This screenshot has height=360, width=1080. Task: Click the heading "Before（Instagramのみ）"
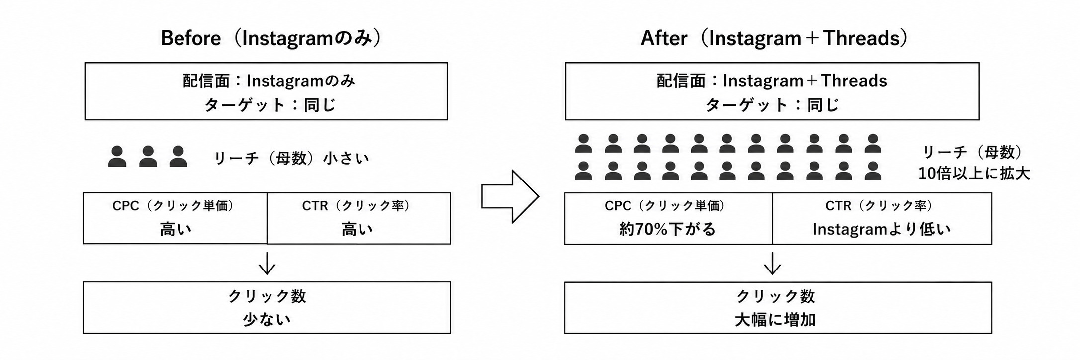[x=271, y=38]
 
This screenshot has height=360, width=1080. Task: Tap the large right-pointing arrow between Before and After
[x=510, y=196]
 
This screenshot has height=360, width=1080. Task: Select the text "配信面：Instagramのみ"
[x=269, y=81]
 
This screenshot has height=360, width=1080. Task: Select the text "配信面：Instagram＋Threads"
[x=772, y=81]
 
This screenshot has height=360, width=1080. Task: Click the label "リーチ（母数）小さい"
[x=291, y=158]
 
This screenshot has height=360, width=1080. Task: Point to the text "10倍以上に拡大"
[x=974, y=173]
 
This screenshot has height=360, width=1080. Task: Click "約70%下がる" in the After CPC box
[x=667, y=229]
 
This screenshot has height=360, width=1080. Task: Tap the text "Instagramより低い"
[x=882, y=229]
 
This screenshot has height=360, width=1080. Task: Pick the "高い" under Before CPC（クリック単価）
[x=176, y=229]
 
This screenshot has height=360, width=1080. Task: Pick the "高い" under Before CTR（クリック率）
[x=357, y=229]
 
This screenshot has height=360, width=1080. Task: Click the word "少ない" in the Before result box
[x=267, y=319]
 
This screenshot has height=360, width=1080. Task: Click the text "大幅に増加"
[x=776, y=319]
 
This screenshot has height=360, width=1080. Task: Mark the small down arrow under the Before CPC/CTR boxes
[x=267, y=264]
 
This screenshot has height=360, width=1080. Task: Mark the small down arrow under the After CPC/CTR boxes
[x=772, y=264]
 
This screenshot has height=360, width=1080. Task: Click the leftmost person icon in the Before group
[x=117, y=156]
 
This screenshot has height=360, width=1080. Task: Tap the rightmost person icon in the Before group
[x=178, y=156]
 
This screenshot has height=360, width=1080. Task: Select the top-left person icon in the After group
[x=583, y=143]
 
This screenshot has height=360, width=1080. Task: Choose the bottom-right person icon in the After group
[x=873, y=171]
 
